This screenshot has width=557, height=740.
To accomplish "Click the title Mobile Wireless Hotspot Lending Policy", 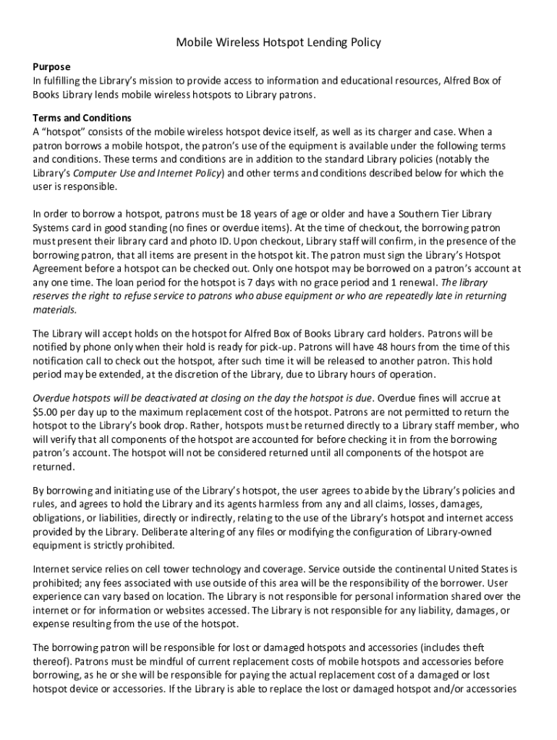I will point(278,43).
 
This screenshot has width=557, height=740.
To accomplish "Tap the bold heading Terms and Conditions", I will point(82,118).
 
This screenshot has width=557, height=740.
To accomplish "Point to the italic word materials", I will point(54,309).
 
